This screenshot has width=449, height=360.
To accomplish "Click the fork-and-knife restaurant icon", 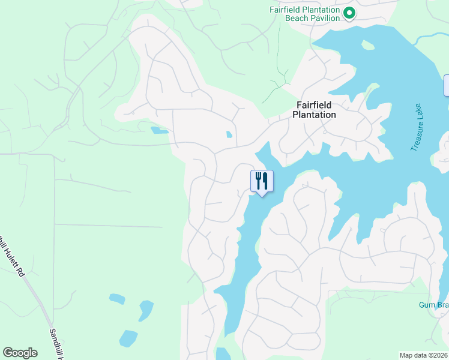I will tap(262, 181).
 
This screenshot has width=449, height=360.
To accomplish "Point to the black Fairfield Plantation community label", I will tap(315, 110).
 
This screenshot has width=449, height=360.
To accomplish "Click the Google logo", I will tap(20, 353).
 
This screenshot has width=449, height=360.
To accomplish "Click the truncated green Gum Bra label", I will tap(433, 305).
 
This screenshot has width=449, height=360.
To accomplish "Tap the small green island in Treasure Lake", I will tap(367, 45).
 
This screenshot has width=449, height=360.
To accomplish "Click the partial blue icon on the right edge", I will tap(446, 85).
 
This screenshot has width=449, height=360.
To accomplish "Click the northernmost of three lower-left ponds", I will tap(117, 298).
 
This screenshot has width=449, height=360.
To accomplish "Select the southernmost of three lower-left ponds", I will tap(128, 338).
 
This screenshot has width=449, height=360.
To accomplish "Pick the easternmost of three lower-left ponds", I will tap(146, 310).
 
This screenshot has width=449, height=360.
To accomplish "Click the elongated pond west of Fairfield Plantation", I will tap(159, 130).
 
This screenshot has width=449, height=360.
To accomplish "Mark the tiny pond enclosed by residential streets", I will tap(229, 134).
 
